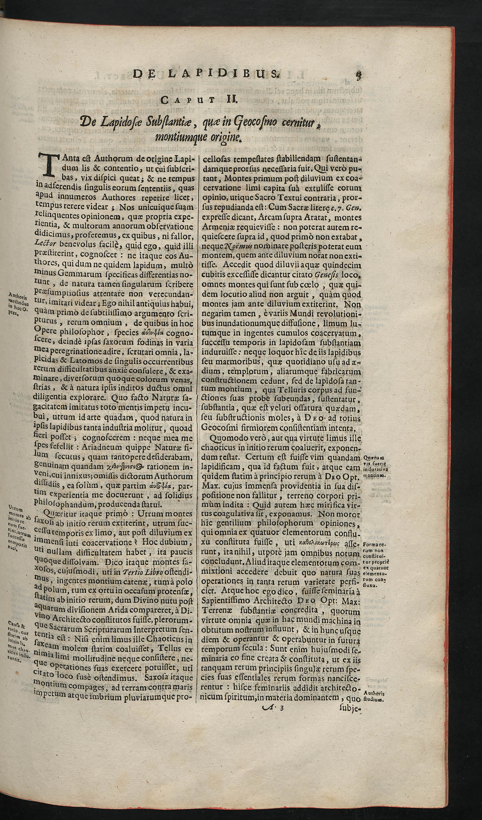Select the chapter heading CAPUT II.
[x=200, y=102]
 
